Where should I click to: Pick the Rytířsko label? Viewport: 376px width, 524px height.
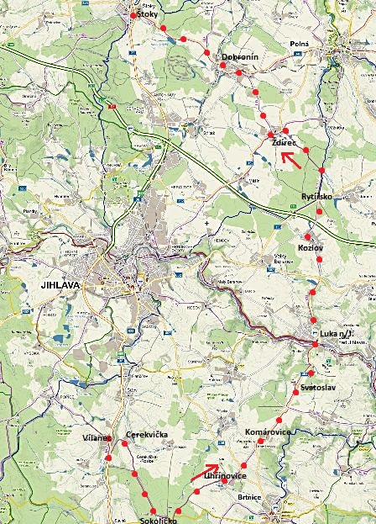point(317,197)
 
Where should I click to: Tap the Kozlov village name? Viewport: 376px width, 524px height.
point(311,249)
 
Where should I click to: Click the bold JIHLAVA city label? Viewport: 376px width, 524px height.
point(60,286)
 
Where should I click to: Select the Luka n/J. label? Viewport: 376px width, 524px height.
point(338,335)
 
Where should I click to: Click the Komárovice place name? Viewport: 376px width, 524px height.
point(267,431)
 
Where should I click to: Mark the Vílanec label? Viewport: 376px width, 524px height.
point(97,439)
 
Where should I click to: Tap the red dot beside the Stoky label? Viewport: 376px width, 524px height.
point(133,15)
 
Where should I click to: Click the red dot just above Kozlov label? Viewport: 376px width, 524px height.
point(309,236)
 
